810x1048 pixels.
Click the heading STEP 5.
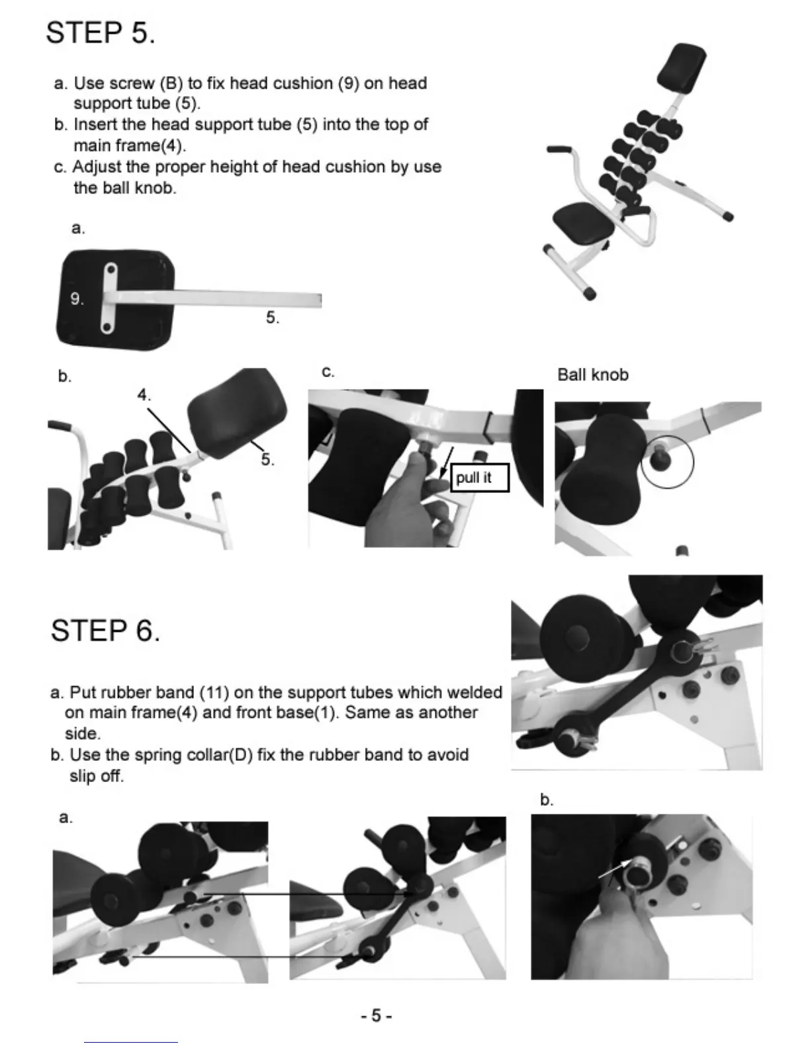coord(100,32)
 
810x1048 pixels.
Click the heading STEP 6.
coord(105,631)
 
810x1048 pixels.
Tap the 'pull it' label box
coord(479,478)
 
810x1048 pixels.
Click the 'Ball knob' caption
coord(592,374)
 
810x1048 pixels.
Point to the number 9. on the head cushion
coord(77,299)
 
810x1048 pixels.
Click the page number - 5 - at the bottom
coord(377,1016)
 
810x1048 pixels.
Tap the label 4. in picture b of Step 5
coord(144,396)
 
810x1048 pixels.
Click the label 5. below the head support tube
coord(273,318)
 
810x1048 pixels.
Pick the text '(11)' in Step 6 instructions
coord(214,693)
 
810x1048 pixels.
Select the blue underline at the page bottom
coord(131,1042)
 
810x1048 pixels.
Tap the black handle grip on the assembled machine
coord(558,150)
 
